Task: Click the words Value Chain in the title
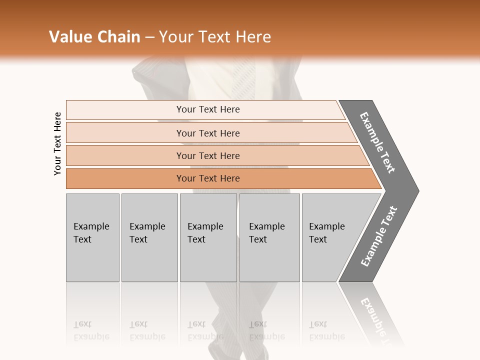(94, 36)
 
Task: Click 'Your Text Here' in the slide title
(215, 36)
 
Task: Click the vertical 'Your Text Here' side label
(57, 144)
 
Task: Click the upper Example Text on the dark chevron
(377, 142)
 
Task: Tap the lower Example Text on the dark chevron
(379, 236)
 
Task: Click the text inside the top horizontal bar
(208, 109)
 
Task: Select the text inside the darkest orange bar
(208, 178)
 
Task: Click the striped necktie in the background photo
(245, 80)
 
